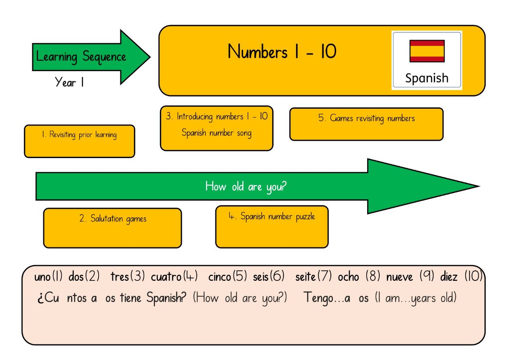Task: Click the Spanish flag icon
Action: coord(427,51)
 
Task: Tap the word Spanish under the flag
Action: coord(427,78)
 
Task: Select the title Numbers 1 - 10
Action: coord(282,52)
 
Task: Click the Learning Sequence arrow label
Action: coord(81,57)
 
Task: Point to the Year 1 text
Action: coord(69,82)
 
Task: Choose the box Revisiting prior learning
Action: coord(80,141)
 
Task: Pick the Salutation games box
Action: coord(112,228)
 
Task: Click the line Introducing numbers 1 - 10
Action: coord(217,117)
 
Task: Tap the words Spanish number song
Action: coord(217,133)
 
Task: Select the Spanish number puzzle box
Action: coord(272,227)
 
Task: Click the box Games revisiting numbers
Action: coord(366,124)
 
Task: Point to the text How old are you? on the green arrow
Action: coord(246,187)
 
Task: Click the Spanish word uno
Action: coord(42,277)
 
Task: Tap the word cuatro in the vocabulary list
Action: coord(166,277)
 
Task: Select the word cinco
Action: coord(219,277)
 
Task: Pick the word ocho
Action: coord(348,277)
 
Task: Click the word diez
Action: coord(449,277)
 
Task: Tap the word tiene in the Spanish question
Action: coord(130,298)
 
